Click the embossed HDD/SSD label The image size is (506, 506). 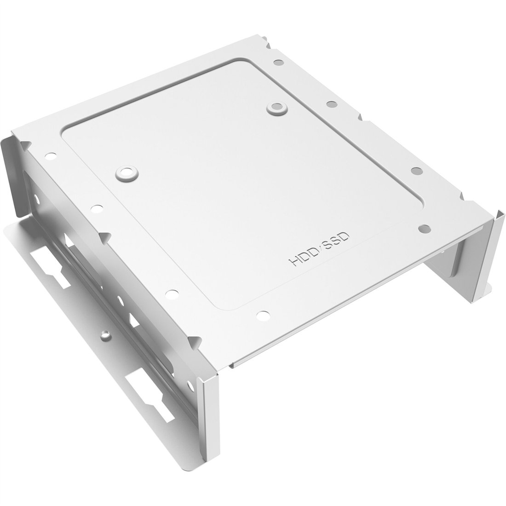(x=318, y=249)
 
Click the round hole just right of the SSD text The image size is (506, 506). (x=424, y=228)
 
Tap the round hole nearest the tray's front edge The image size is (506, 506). (x=263, y=314)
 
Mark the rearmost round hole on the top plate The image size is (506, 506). (x=278, y=62)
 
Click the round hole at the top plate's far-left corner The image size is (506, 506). (x=50, y=156)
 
